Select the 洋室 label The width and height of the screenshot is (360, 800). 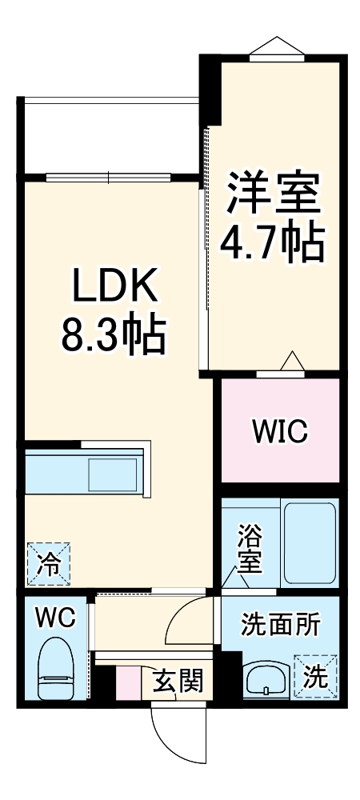[x=273, y=192]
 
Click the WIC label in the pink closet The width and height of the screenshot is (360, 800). [x=279, y=432]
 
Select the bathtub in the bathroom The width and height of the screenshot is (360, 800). [x=308, y=542]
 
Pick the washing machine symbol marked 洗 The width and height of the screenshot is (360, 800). [x=318, y=677]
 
